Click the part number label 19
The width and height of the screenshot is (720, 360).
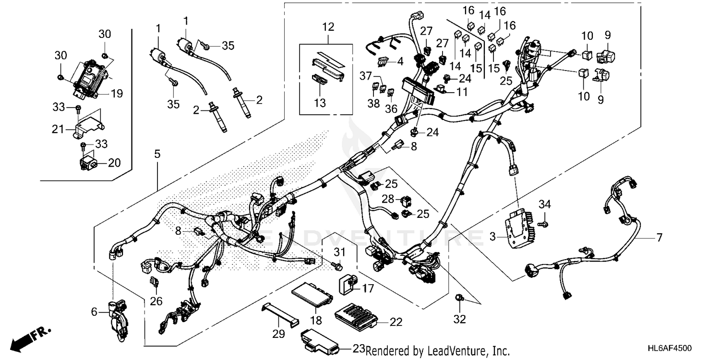pyautogui.click(x=117, y=94)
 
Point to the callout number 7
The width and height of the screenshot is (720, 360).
pyautogui.click(x=659, y=237)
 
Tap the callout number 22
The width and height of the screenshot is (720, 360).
pyautogui.click(x=396, y=322)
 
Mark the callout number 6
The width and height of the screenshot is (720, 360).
pyautogui.click(x=94, y=312)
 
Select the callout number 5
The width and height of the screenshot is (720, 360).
pyautogui.click(x=157, y=155)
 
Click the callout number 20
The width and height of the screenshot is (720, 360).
pyautogui.click(x=114, y=163)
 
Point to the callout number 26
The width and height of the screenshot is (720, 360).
pyautogui.click(x=156, y=301)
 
